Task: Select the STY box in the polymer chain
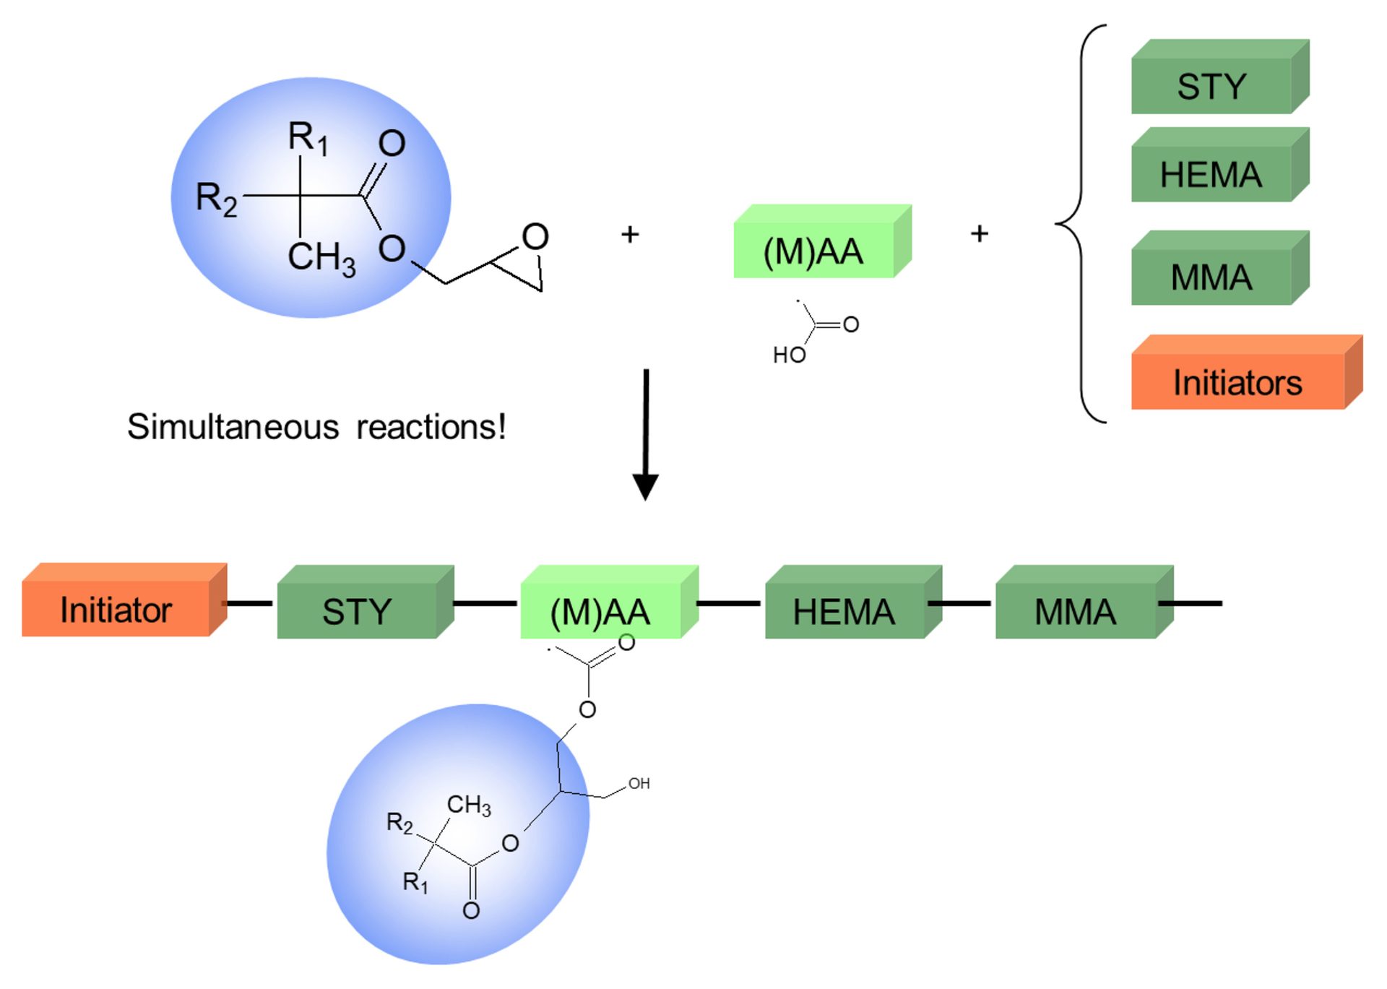click(x=357, y=611)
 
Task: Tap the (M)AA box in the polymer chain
click(x=600, y=611)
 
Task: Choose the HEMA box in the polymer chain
click(x=844, y=611)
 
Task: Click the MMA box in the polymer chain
click(x=1075, y=611)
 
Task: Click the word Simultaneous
click(x=233, y=427)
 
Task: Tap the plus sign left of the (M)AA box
click(x=630, y=234)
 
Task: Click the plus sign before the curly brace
click(x=979, y=233)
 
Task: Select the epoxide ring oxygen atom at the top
click(x=535, y=236)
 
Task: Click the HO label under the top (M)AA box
click(x=789, y=355)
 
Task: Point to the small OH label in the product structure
click(x=639, y=783)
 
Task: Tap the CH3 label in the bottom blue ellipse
click(x=469, y=805)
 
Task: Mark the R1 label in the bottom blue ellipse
click(x=415, y=881)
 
